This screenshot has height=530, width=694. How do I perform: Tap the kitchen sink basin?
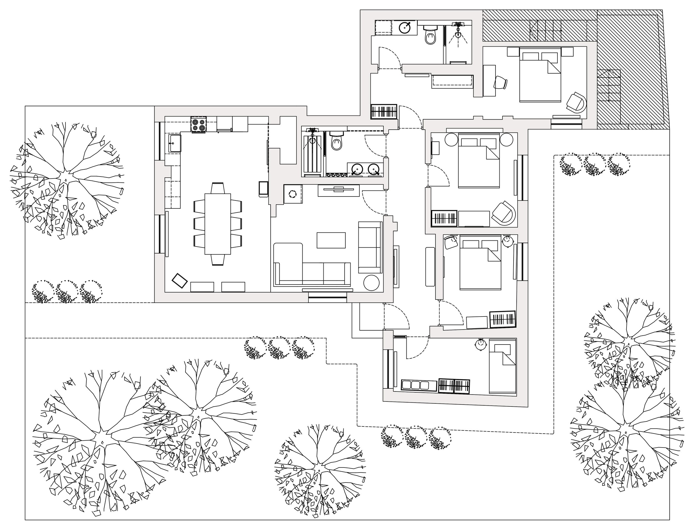[174, 143]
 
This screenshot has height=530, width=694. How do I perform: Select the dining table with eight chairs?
[218, 224]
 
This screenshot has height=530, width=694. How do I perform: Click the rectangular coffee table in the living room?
[331, 240]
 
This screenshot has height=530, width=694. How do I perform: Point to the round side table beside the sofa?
[371, 283]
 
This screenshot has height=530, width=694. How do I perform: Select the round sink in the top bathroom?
[405, 27]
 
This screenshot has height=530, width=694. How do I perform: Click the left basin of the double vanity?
[357, 169]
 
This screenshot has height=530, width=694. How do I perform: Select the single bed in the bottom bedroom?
[502, 366]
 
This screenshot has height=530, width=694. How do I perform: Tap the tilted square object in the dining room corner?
[180, 280]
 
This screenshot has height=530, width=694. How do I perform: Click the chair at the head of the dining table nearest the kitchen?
[218, 188]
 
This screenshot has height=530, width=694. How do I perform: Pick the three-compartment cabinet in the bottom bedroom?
[419, 385]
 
